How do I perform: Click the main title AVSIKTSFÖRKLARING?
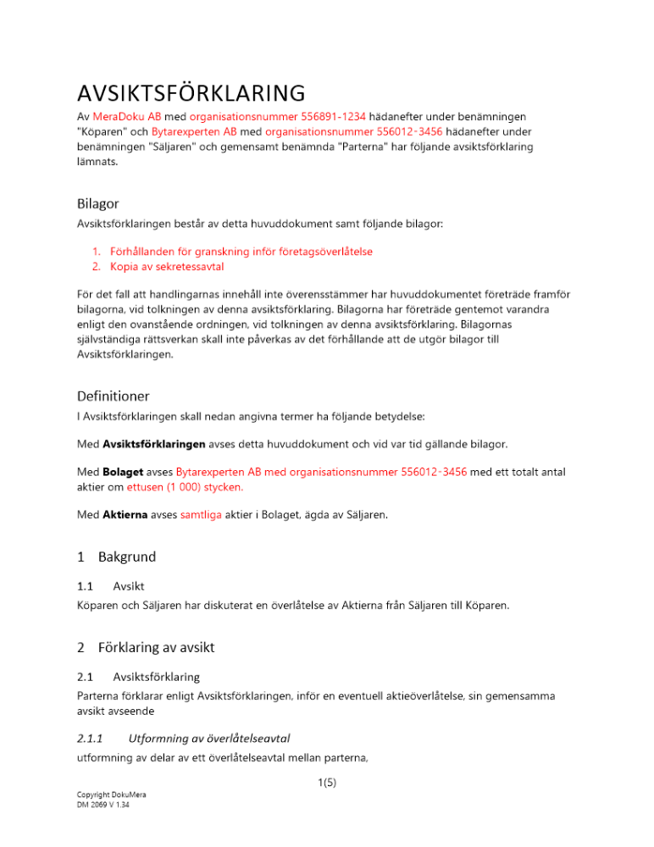pyautogui.click(x=190, y=92)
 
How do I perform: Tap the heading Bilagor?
pyautogui.click(x=97, y=203)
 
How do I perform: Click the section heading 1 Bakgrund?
pyautogui.click(x=116, y=557)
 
